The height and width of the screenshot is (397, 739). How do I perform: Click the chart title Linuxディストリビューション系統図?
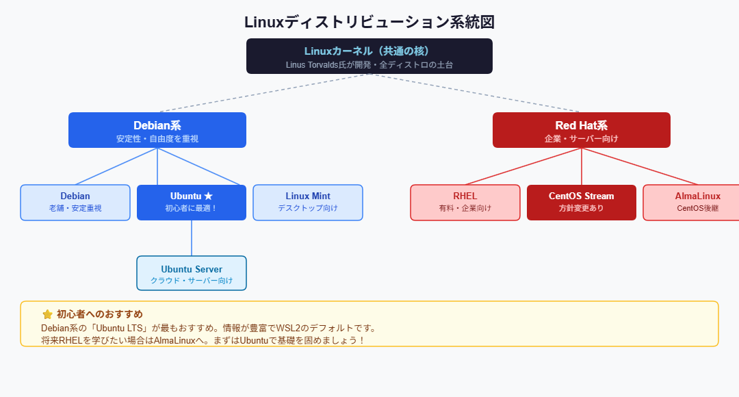point(369,22)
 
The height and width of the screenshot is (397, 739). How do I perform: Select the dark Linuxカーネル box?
point(369,56)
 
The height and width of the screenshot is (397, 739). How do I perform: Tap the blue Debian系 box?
point(157,130)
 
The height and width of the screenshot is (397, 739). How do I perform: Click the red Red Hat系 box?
point(582,130)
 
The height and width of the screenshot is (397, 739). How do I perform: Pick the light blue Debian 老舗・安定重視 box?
point(75,203)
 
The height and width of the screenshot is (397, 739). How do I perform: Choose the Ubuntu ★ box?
point(192,203)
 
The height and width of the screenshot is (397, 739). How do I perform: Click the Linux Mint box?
point(308,203)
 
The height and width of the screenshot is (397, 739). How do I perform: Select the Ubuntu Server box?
point(192,273)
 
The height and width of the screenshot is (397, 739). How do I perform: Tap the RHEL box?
point(465,203)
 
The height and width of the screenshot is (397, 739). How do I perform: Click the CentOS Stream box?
point(582,203)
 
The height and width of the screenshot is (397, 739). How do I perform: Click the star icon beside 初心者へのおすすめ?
point(47,314)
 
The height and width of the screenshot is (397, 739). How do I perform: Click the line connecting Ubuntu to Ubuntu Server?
point(192,238)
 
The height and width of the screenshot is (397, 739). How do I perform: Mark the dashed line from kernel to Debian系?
point(263,92)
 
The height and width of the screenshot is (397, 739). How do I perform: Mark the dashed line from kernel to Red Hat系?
point(476,92)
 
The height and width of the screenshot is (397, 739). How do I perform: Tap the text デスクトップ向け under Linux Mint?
point(308,208)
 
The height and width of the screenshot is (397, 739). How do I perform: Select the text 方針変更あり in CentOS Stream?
point(582,208)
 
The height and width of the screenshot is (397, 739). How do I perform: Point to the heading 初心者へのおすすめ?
point(99,314)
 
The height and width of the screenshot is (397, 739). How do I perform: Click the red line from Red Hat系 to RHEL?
point(523,166)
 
